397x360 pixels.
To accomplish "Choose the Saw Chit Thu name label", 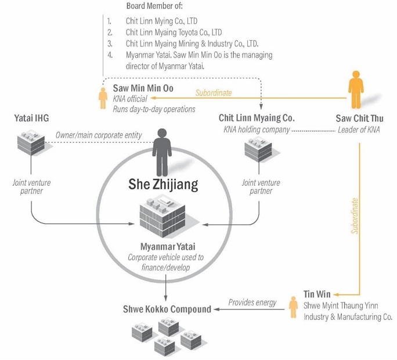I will tap(359, 118).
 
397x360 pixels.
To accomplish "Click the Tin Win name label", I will tap(317, 294).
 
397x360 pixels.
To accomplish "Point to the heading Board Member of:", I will tap(154, 6).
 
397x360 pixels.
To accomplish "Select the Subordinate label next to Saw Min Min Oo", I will tap(213, 92).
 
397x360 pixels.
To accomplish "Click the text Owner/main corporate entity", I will tap(99, 135).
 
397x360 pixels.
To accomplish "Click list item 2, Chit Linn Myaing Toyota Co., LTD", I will tap(174, 33).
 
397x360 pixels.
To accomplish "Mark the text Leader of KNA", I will tap(359, 129).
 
